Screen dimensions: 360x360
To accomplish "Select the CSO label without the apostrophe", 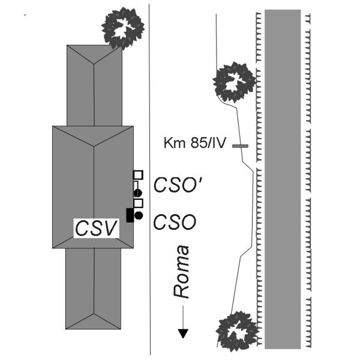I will point(175,222).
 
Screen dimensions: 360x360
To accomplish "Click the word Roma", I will point(181,271).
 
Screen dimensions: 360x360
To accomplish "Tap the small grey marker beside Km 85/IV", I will point(240,145).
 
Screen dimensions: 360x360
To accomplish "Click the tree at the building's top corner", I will point(124,28).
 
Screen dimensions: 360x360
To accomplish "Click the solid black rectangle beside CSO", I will point(130,215).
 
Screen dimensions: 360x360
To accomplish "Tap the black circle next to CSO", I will point(139,215).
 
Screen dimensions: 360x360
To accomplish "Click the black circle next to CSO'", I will point(138,192).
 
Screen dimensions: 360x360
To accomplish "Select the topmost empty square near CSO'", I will point(138,175).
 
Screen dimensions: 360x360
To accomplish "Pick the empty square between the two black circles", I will point(138,203).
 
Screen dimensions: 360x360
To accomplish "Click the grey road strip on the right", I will point(282,180).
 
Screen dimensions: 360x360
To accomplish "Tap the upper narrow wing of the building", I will point(94,84).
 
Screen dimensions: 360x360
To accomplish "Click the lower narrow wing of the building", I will point(94,288).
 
